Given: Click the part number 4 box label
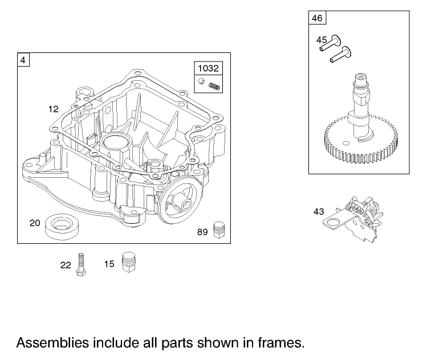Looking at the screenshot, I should [23, 59].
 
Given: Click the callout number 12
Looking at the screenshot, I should [53, 108].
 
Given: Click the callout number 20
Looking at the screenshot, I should [35, 223].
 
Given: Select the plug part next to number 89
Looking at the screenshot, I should [217, 230].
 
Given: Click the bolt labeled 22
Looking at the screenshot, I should [82, 264].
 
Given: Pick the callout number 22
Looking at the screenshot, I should [66, 264].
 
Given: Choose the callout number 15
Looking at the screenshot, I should [109, 264].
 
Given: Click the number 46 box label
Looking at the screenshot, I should [317, 18].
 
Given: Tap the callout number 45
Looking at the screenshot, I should [322, 40].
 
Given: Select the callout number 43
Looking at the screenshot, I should [319, 211].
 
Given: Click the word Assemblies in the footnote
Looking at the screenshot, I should [52, 343].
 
